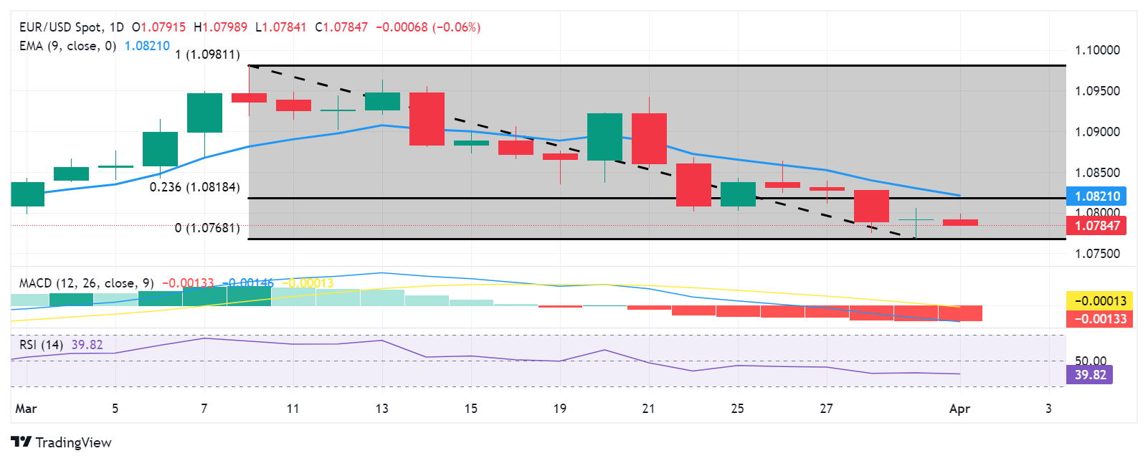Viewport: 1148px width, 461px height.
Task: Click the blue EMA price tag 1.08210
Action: point(1096,196)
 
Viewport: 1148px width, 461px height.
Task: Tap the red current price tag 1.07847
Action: point(1096,226)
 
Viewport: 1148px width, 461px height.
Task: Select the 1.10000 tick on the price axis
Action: point(1096,50)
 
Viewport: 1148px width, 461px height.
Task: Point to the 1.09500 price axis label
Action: point(1096,91)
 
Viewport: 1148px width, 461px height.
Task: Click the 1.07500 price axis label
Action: point(1096,254)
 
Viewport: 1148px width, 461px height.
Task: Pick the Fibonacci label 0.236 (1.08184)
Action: point(194,187)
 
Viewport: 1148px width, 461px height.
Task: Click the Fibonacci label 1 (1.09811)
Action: point(207,54)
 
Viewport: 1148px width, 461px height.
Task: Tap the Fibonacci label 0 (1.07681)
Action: point(207,228)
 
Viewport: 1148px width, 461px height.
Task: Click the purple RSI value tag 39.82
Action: point(1089,375)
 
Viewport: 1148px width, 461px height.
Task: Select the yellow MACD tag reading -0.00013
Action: point(1099,301)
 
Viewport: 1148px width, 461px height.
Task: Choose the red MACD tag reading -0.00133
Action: point(1099,319)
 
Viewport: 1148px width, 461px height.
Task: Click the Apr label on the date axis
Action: point(959,409)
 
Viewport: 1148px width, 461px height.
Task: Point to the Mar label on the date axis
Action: point(26,409)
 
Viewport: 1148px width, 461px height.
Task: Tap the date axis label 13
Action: point(381,409)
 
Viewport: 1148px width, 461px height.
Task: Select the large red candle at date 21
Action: point(649,138)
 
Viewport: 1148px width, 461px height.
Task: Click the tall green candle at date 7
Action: point(204,113)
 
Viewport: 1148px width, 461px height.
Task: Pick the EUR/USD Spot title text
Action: point(60,27)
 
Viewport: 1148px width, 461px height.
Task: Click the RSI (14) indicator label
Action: point(41,345)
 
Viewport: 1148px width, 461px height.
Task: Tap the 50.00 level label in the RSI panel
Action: point(1090,361)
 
